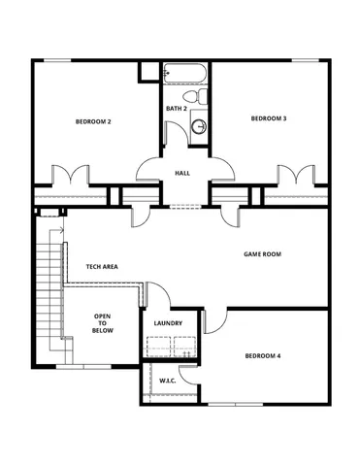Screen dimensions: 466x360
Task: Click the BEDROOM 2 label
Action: click(94, 122)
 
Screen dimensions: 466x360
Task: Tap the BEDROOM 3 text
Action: click(268, 118)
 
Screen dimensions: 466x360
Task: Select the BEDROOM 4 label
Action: click(261, 356)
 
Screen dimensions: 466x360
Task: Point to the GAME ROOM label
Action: click(261, 254)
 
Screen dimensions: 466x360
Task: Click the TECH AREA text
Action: click(102, 266)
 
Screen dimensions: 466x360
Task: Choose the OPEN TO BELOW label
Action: click(102, 322)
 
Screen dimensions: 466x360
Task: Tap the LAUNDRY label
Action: click(169, 323)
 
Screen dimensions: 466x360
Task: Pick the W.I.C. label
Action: click(167, 382)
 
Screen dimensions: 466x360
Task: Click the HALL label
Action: click(181, 174)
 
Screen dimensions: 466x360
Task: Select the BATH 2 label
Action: click(176, 108)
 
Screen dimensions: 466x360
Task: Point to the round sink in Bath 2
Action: click(198, 125)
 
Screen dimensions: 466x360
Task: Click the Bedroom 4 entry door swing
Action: click(215, 321)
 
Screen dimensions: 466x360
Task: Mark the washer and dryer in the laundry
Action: click(170, 347)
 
